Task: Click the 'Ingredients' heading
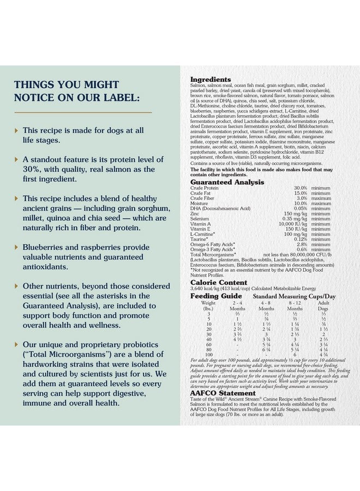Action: click(x=211, y=80)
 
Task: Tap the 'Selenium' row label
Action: click(x=199, y=219)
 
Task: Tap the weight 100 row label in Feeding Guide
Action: click(x=208, y=355)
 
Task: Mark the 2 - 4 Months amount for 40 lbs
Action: click(x=237, y=339)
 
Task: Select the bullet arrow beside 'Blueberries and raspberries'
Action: click(x=16, y=247)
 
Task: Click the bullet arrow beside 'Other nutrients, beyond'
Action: click(x=16, y=286)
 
